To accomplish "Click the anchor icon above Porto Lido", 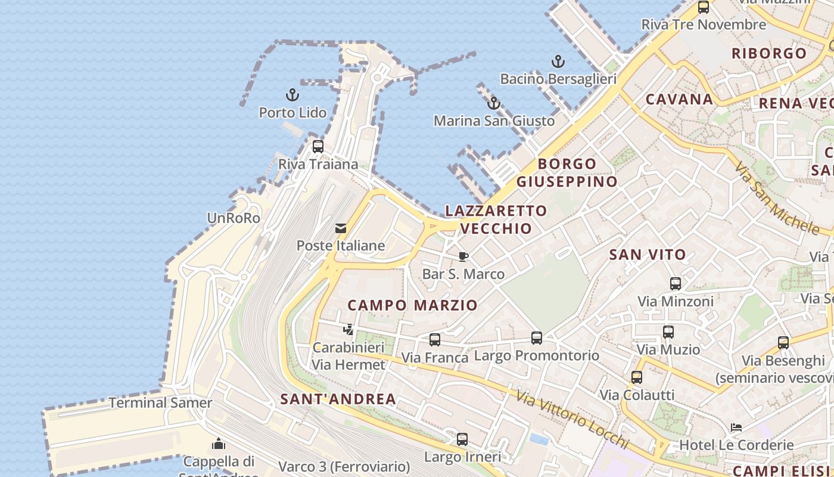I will [292, 95].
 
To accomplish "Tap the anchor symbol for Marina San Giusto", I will [493, 103].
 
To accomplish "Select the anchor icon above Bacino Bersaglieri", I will [558, 61].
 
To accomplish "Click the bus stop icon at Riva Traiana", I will [318, 146].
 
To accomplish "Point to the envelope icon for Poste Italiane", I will [341, 228].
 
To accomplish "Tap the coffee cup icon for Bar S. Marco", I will [463, 256].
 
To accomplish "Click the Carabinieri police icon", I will [348, 329].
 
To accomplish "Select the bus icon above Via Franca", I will [435, 339].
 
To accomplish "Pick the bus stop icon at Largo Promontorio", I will [537, 337].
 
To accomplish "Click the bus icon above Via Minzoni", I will [676, 283].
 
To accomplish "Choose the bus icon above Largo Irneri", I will [462, 439].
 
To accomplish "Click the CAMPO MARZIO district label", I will [412, 305].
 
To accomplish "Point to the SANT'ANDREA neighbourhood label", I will [338, 399].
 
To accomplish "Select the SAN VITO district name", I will [648, 255].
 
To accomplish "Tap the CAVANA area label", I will [679, 99].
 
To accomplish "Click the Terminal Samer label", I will [160, 402].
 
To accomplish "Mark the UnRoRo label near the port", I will [234, 218].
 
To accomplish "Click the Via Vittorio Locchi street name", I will [572, 420].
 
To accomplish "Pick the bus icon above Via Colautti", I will [637, 377].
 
